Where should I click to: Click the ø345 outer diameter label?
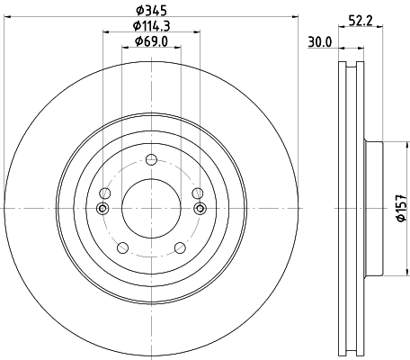[x=149, y=11]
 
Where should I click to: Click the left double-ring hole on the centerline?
[x=102, y=209]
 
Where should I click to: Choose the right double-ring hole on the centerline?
[x=197, y=209]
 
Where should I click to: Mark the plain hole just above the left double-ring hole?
[x=106, y=194]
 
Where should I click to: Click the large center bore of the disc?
[x=149, y=208]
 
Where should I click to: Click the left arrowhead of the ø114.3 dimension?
[x=105, y=34]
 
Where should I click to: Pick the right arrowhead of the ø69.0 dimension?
[x=174, y=49]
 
